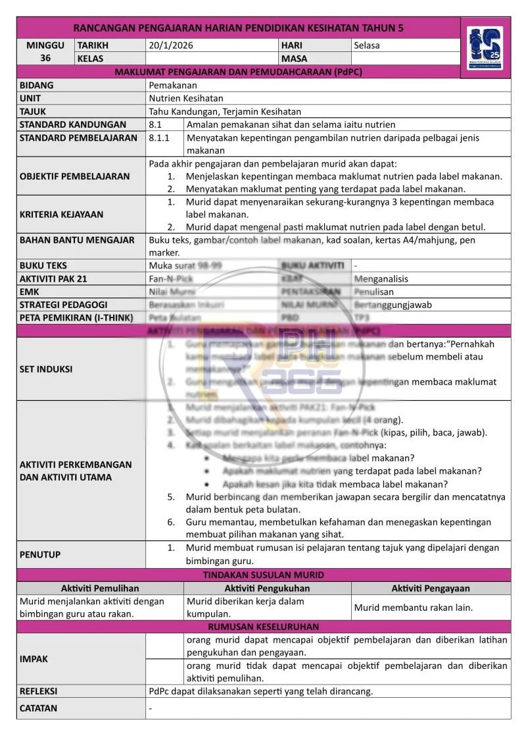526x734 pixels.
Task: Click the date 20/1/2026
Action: pyautogui.click(x=171, y=45)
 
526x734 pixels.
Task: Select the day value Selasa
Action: pyautogui.click(x=367, y=45)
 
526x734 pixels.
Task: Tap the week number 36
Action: pyautogui.click(x=45, y=58)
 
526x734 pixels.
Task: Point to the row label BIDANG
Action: pyautogui.click(x=37, y=85)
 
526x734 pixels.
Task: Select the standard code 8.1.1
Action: pyautogui.click(x=159, y=138)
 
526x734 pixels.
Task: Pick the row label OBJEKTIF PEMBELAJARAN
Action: pyautogui.click(x=75, y=176)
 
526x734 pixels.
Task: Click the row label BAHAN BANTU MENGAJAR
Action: pyautogui.click(x=77, y=240)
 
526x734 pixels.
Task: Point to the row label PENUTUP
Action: pyautogui.click(x=40, y=554)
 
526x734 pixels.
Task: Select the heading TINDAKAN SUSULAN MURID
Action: pyautogui.click(x=263, y=575)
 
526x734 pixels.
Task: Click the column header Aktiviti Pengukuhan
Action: pyautogui.click(x=267, y=588)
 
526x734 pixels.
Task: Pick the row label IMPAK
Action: pyautogui.click(x=34, y=659)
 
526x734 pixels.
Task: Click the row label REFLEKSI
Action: pyautogui.click(x=39, y=691)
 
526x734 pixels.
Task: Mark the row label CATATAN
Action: pyautogui.click(x=38, y=708)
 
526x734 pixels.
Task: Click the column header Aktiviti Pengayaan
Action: pyautogui.click(x=431, y=588)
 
